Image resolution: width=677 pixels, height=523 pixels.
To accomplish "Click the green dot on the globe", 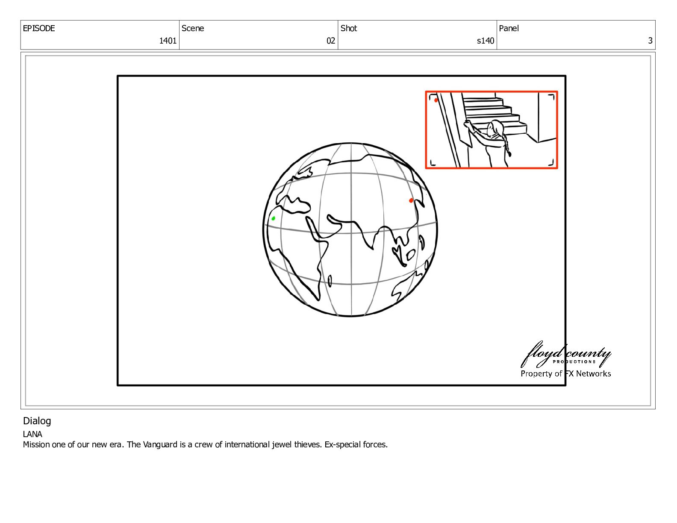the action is (273, 218).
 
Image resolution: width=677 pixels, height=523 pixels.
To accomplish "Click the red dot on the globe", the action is (411, 200).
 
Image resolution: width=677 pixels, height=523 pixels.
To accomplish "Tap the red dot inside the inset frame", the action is (436, 100).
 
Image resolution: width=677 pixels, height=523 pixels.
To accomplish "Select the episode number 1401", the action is (168, 41).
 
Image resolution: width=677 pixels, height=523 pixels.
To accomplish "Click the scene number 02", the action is (330, 41).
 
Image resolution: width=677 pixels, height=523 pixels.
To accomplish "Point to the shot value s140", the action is (486, 41).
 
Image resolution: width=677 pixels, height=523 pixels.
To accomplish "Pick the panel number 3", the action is (650, 41).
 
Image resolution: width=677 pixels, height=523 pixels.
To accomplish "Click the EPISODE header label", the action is (39, 28).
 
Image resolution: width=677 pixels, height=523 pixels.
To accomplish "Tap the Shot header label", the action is (348, 28).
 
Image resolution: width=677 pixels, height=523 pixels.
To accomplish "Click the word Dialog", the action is (37, 421).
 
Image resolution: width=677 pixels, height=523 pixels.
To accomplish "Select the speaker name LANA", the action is (32, 434).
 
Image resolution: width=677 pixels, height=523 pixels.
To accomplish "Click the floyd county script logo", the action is (565, 355).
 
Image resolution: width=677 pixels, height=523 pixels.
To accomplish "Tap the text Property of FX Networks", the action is (565, 374).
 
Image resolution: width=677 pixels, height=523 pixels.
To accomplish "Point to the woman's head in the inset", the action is (496, 128).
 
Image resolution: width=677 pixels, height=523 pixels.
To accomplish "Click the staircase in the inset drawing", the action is (495, 116).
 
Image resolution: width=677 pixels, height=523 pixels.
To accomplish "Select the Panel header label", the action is (509, 28).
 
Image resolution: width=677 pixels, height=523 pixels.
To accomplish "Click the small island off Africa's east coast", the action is (330, 281).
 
